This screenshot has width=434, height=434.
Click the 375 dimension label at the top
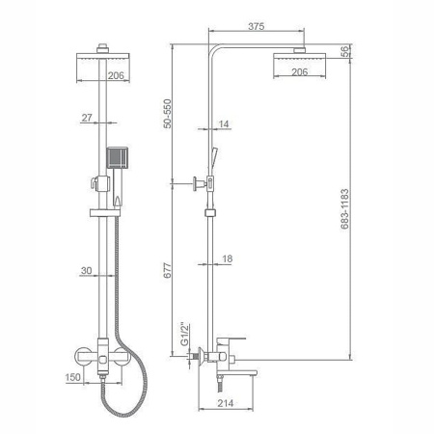click(x=257, y=26)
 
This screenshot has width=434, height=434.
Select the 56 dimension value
click(x=344, y=51)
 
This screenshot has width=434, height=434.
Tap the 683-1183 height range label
click(x=344, y=208)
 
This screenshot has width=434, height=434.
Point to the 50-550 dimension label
click(x=168, y=114)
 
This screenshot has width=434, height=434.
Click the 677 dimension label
click(x=168, y=270)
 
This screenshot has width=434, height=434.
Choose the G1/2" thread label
click(x=184, y=335)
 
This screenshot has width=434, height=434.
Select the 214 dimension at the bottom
click(x=226, y=403)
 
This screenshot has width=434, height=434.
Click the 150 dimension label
click(x=73, y=377)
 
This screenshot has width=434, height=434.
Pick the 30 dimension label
click(x=86, y=270)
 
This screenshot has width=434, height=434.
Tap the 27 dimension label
click(x=87, y=118)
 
